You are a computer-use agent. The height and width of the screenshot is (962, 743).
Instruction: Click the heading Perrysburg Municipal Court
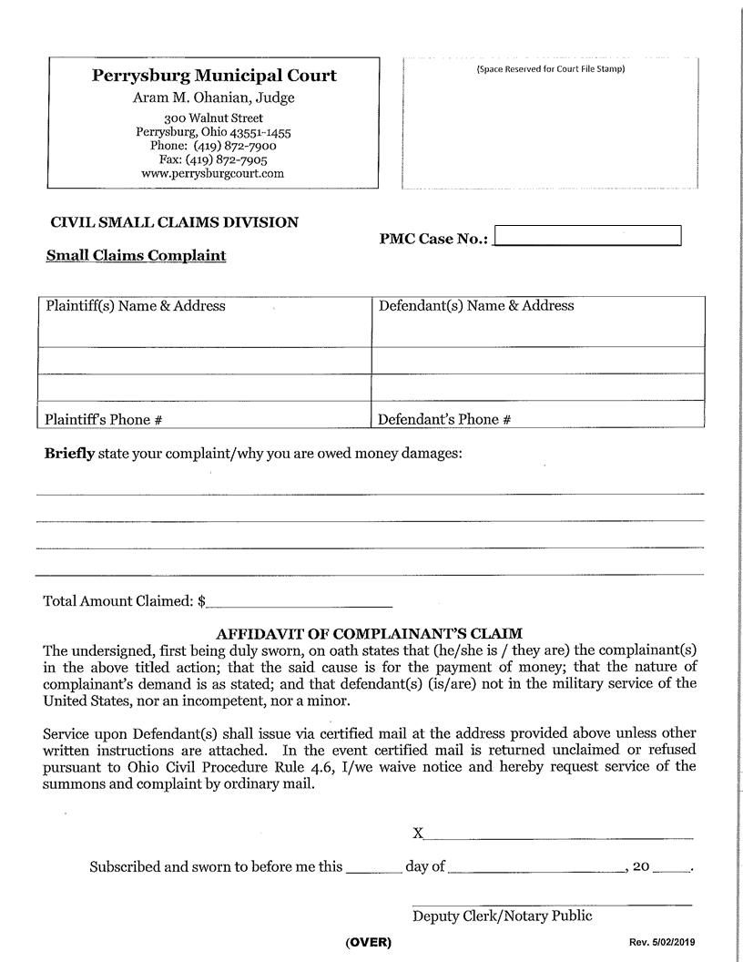pos(214,76)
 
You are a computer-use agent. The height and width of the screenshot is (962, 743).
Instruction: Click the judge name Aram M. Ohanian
pos(214,98)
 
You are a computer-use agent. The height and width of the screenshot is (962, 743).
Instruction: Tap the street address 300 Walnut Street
pos(214,118)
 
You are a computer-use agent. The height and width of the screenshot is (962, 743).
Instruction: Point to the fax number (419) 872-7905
pos(231,159)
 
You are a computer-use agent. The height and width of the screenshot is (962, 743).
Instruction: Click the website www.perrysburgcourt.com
pos(214,173)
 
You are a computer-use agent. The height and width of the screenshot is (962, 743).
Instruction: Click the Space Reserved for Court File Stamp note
pos(551,69)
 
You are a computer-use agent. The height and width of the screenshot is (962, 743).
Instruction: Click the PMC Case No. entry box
pos(587,236)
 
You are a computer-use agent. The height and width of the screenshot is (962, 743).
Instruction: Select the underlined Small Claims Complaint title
pos(136,256)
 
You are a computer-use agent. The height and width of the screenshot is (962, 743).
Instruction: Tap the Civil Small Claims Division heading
pos(174,222)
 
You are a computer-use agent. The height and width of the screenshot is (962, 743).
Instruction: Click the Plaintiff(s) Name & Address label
pos(136,306)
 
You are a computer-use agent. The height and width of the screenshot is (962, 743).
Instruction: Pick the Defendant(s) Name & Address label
pos(476,306)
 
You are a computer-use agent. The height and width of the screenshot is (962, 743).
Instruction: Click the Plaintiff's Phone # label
pos(104,420)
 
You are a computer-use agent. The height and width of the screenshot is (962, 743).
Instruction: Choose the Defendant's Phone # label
pos(444,420)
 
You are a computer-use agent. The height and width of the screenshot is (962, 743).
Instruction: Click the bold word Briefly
pos(69,453)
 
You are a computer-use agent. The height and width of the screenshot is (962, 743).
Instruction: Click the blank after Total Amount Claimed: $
pos(300,600)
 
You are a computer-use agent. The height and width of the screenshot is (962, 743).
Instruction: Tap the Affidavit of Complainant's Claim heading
pos(369,633)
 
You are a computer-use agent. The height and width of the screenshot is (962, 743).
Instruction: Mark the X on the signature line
pos(418,834)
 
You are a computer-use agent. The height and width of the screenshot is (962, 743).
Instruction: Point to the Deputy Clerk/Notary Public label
pos(502,916)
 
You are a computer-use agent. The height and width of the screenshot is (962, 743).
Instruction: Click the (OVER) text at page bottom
pos(369,943)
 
